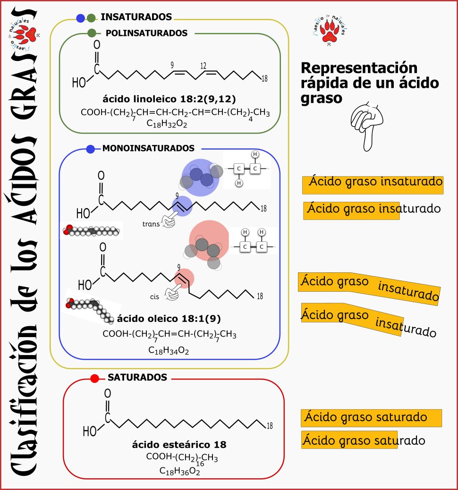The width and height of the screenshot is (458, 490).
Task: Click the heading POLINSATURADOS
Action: (x=146, y=33)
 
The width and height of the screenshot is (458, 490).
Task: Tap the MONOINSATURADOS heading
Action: (x=148, y=148)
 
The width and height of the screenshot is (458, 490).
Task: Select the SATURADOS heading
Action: (x=137, y=378)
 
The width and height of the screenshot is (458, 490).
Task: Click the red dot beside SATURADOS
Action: (x=94, y=378)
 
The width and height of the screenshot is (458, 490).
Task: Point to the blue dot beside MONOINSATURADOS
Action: (x=91, y=149)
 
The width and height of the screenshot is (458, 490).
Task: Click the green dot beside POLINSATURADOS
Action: (x=92, y=33)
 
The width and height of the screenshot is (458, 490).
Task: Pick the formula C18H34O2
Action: (x=170, y=350)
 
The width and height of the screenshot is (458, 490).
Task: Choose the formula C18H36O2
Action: (x=180, y=471)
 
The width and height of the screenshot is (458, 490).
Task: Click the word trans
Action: (x=151, y=224)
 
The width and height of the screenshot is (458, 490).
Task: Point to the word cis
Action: (x=154, y=296)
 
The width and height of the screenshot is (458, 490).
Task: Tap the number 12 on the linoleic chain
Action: (x=203, y=66)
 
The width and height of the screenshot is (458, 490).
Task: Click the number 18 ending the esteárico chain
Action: (x=270, y=426)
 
